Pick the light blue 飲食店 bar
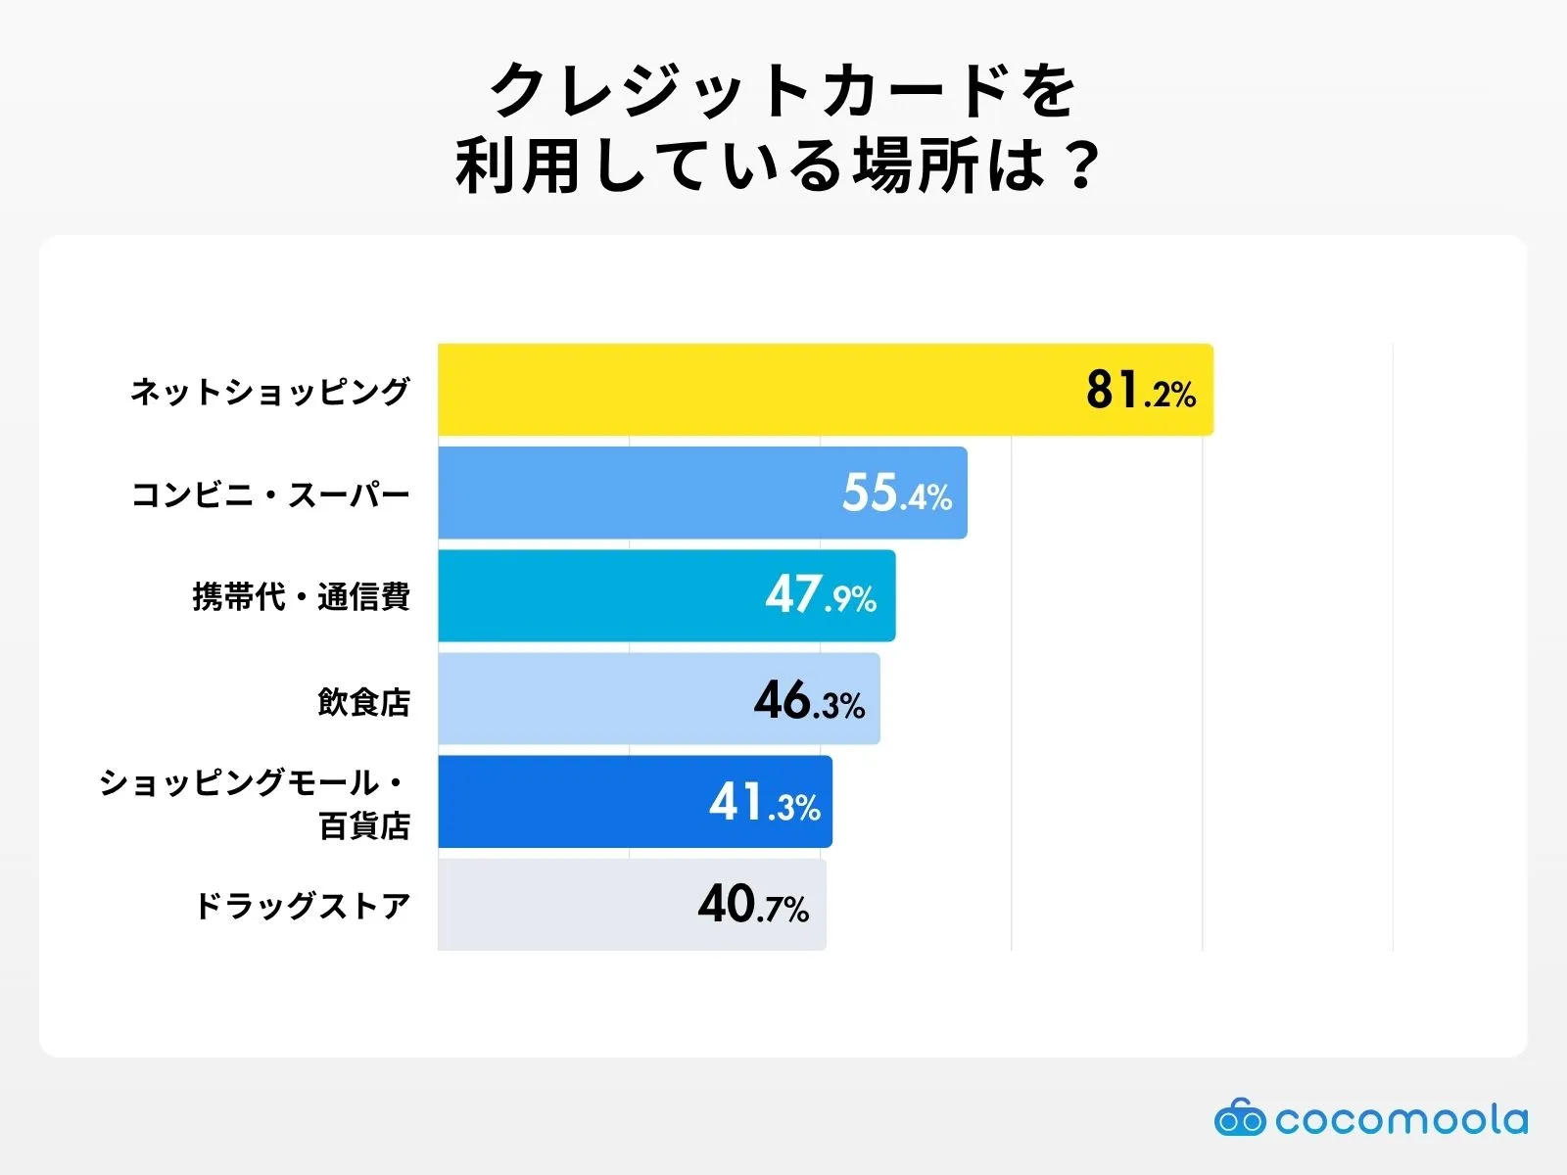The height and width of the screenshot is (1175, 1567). pyautogui.click(x=588, y=698)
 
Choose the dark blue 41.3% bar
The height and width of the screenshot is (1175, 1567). pyautogui.click(x=568, y=801)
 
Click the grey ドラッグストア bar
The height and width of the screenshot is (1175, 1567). pyautogui.click(x=558, y=904)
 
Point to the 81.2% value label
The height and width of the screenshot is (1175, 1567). pyautogui.click(x=1140, y=390)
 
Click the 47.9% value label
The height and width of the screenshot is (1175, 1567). pyautogui.click(x=821, y=595)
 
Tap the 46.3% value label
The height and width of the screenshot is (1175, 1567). pyautogui.click(x=809, y=701)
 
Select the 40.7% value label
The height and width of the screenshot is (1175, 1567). pyautogui.click(x=753, y=905)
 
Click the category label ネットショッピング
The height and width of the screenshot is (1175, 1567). pyautogui.click(x=269, y=392)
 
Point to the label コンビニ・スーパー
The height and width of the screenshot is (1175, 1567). pyautogui.click(x=270, y=494)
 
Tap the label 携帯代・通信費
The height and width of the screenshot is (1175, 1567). pyautogui.click(x=301, y=597)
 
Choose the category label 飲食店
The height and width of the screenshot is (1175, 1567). pyautogui.click(x=363, y=701)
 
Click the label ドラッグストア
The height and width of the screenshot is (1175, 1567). pyautogui.click(x=302, y=906)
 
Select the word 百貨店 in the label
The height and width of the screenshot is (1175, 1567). pyautogui.click(x=364, y=826)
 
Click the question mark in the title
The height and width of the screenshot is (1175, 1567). pyautogui.click(x=1082, y=165)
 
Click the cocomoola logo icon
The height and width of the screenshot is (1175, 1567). pyautogui.click(x=1240, y=1117)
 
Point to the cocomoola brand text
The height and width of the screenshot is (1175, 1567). pyautogui.click(x=1401, y=1119)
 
